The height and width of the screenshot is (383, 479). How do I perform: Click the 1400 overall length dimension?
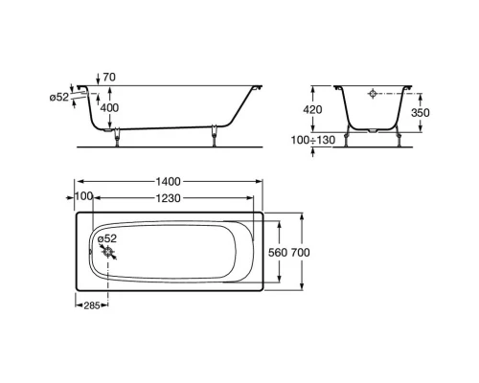pos(169,182)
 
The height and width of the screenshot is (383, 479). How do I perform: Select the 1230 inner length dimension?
pos(169,198)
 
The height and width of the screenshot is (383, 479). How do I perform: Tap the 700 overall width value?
pos(300,253)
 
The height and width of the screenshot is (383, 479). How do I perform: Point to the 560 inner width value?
pos(278,253)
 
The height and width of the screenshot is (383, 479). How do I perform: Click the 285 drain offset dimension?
pos(92,305)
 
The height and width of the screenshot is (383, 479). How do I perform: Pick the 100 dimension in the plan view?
pos(83,196)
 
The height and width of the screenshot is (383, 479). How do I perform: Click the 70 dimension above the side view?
pos(109,78)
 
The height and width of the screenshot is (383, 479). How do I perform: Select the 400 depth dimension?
pos(109,108)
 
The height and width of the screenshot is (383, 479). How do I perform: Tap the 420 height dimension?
pos(312,109)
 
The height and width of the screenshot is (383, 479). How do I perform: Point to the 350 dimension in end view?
pos(421,112)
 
